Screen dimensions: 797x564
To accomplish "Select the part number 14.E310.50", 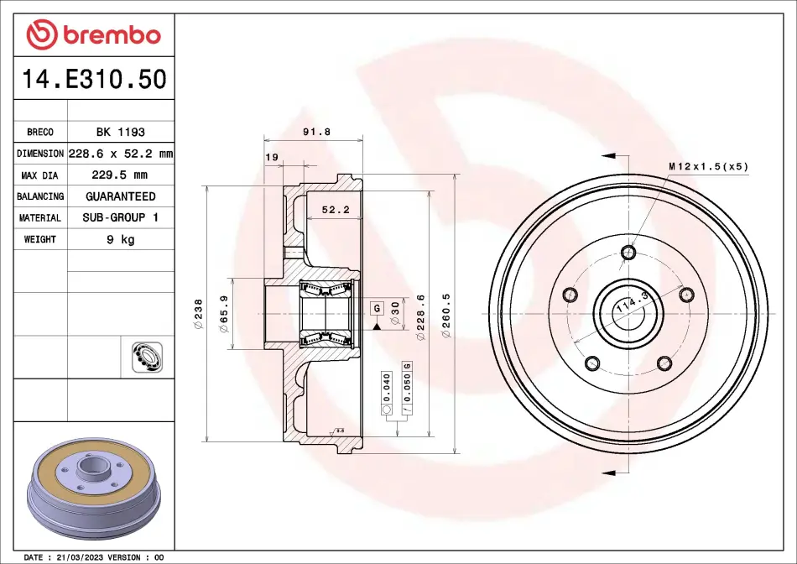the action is pos(94,80).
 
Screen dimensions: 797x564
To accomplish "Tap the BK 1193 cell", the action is pos(121,132).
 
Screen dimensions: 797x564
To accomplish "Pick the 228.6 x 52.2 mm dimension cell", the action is pos(121,153).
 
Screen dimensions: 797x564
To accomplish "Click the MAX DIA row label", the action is pos(39,175).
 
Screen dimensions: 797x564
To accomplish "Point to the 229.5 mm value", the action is pos(119,175).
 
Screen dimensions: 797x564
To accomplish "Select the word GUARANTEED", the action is pos(121,196).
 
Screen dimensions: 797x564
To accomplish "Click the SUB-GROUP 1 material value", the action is pos(121,217).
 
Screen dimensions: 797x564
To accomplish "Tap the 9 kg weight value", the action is pos(121,239).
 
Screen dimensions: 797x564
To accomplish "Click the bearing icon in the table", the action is pos(147,357).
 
